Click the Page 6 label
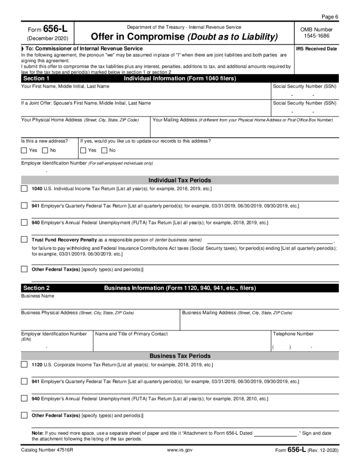click(x=330, y=17)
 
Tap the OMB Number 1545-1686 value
click(x=316, y=36)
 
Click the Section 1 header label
click(x=36, y=78)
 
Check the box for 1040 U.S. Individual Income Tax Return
click(x=24, y=189)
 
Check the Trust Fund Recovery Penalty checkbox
click(x=24, y=239)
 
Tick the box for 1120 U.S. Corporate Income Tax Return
click(x=24, y=364)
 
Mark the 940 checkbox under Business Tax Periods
click(x=24, y=398)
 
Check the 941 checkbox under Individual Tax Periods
click(x=24, y=206)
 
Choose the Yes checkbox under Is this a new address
click(x=24, y=150)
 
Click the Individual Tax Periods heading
click(x=180, y=180)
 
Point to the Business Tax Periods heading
click(x=180, y=356)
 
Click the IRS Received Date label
click(x=316, y=49)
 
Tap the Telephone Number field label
click(x=293, y=334)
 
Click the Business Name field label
click(x=38, y=296)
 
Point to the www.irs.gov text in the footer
click(x=180, y=450)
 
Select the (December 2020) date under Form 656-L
click(x=47, y=38)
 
